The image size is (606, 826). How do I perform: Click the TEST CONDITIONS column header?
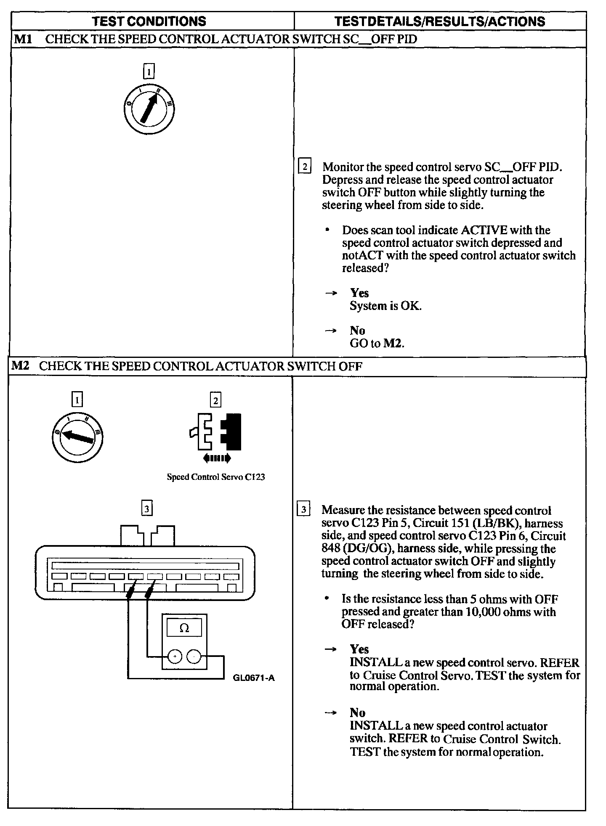point(149,21)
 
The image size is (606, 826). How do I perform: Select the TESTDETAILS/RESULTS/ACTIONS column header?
point(439,21)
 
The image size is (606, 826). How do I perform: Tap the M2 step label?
point(20,365)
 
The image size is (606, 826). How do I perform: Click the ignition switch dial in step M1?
point(149,110)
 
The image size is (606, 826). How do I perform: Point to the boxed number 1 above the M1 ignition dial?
point(149,71)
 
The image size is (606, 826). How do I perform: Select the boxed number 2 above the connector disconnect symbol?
point(215,400)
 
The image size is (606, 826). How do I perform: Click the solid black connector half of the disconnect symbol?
point(231,431)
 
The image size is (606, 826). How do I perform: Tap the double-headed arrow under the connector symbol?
point(217,458)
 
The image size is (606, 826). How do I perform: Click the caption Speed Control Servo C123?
point(215,477)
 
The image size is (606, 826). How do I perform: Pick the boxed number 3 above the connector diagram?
point(146,509)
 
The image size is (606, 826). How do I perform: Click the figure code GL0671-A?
point(253,678)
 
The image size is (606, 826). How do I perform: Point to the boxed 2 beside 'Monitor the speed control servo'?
point(304,166)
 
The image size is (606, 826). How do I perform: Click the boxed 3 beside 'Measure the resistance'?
point(303,509)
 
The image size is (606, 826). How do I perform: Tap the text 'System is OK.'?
point(385,306)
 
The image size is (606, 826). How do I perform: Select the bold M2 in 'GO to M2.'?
point(393,343)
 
